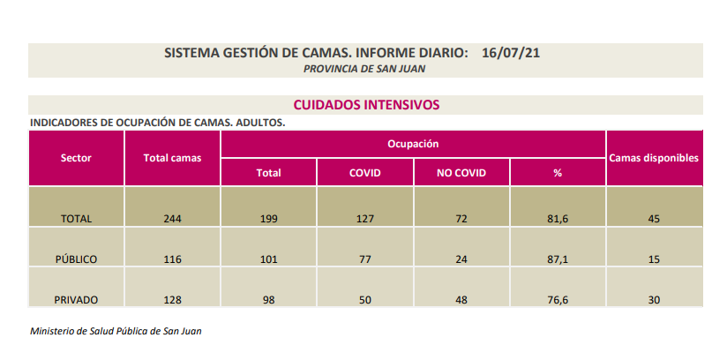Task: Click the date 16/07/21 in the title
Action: click(x=511, y=53)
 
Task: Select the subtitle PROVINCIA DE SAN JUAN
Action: click(x=365, y=68)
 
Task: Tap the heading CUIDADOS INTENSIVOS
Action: click(x=365, y=104)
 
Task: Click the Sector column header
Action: click(x=76, y=158)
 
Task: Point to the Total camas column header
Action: click(x=172, y=158)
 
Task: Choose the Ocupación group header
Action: click(x=413, y=143)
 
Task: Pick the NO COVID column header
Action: click(x=461, y=173)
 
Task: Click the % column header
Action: click(x=558, y=173)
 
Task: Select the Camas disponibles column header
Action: click(x=654, y=158)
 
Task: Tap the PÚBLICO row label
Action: click(x=76, y=259)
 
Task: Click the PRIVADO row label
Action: click(x=76, y=300)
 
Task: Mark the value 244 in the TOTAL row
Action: click(x=172, y=219)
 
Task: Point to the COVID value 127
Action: click(x=365, y=219)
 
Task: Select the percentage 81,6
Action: click(x=558, y=219)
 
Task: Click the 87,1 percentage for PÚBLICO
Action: click(x=558, y=259)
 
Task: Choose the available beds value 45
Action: click(x=654, y=219)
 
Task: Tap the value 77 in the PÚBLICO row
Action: click(x=365, y=259)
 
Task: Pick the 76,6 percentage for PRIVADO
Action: click(x=558, y=300)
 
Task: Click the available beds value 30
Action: click(x=654, y=300)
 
